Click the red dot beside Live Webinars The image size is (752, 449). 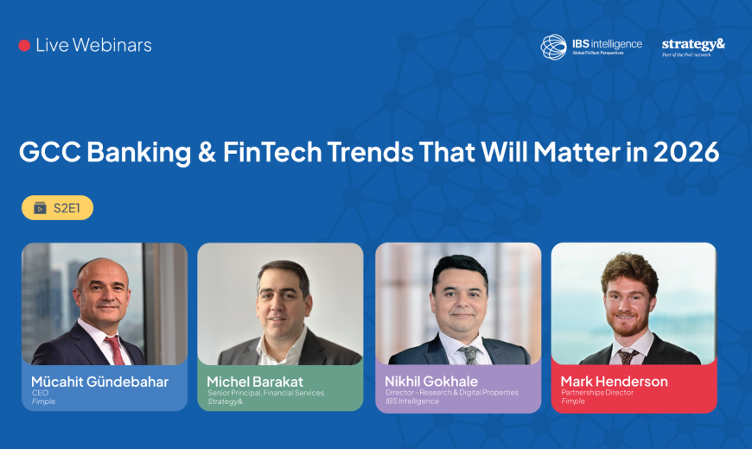click(24, 46)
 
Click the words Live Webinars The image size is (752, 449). click(93, 46)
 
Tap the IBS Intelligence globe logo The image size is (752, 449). click(554, 47)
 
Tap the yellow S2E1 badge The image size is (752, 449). click(57, 208)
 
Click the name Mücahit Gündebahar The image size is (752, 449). click(99, 381)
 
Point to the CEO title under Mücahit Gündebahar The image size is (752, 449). click(40, 392)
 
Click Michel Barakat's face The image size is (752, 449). click(284, 298)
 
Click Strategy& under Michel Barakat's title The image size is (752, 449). click(226, 401)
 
